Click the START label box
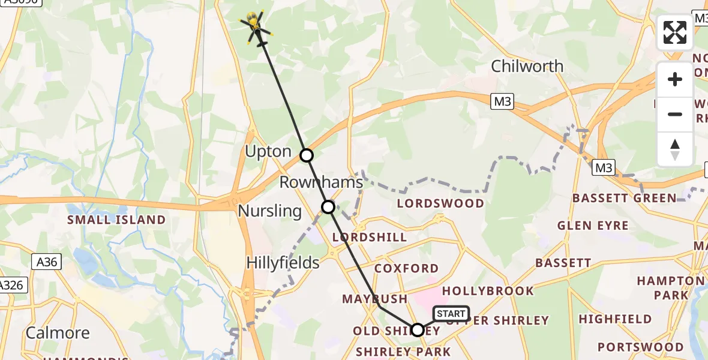point(451,314)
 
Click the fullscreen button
point(675,32)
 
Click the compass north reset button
point(675,149)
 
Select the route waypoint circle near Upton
point(307,155)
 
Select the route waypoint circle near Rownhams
point(328,207)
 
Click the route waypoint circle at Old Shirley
point(418,329)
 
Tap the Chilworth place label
point(527,66)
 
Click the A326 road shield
point(12,284)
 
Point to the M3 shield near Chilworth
point(502,102)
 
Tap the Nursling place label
point(269,211)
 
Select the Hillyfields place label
point(283,263)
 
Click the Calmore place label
point(58,333)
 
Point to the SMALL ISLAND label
point(116,220)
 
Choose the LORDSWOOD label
point(440,203)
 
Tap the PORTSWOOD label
point(640,347)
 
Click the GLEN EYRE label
point(593,226)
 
